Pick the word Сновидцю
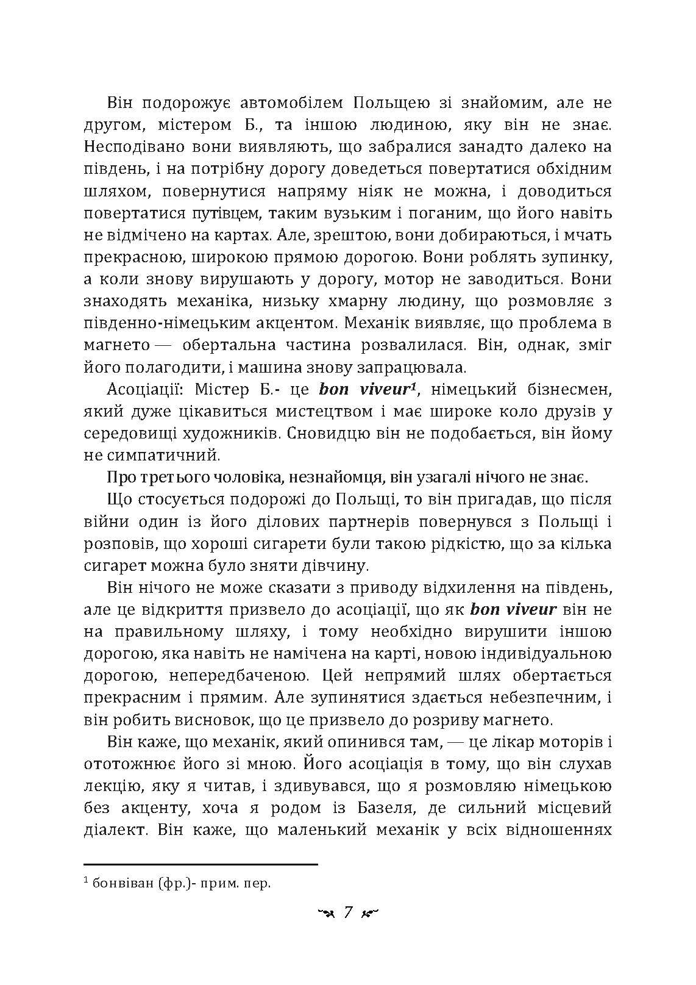329,434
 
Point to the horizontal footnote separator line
201,864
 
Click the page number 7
348,912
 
